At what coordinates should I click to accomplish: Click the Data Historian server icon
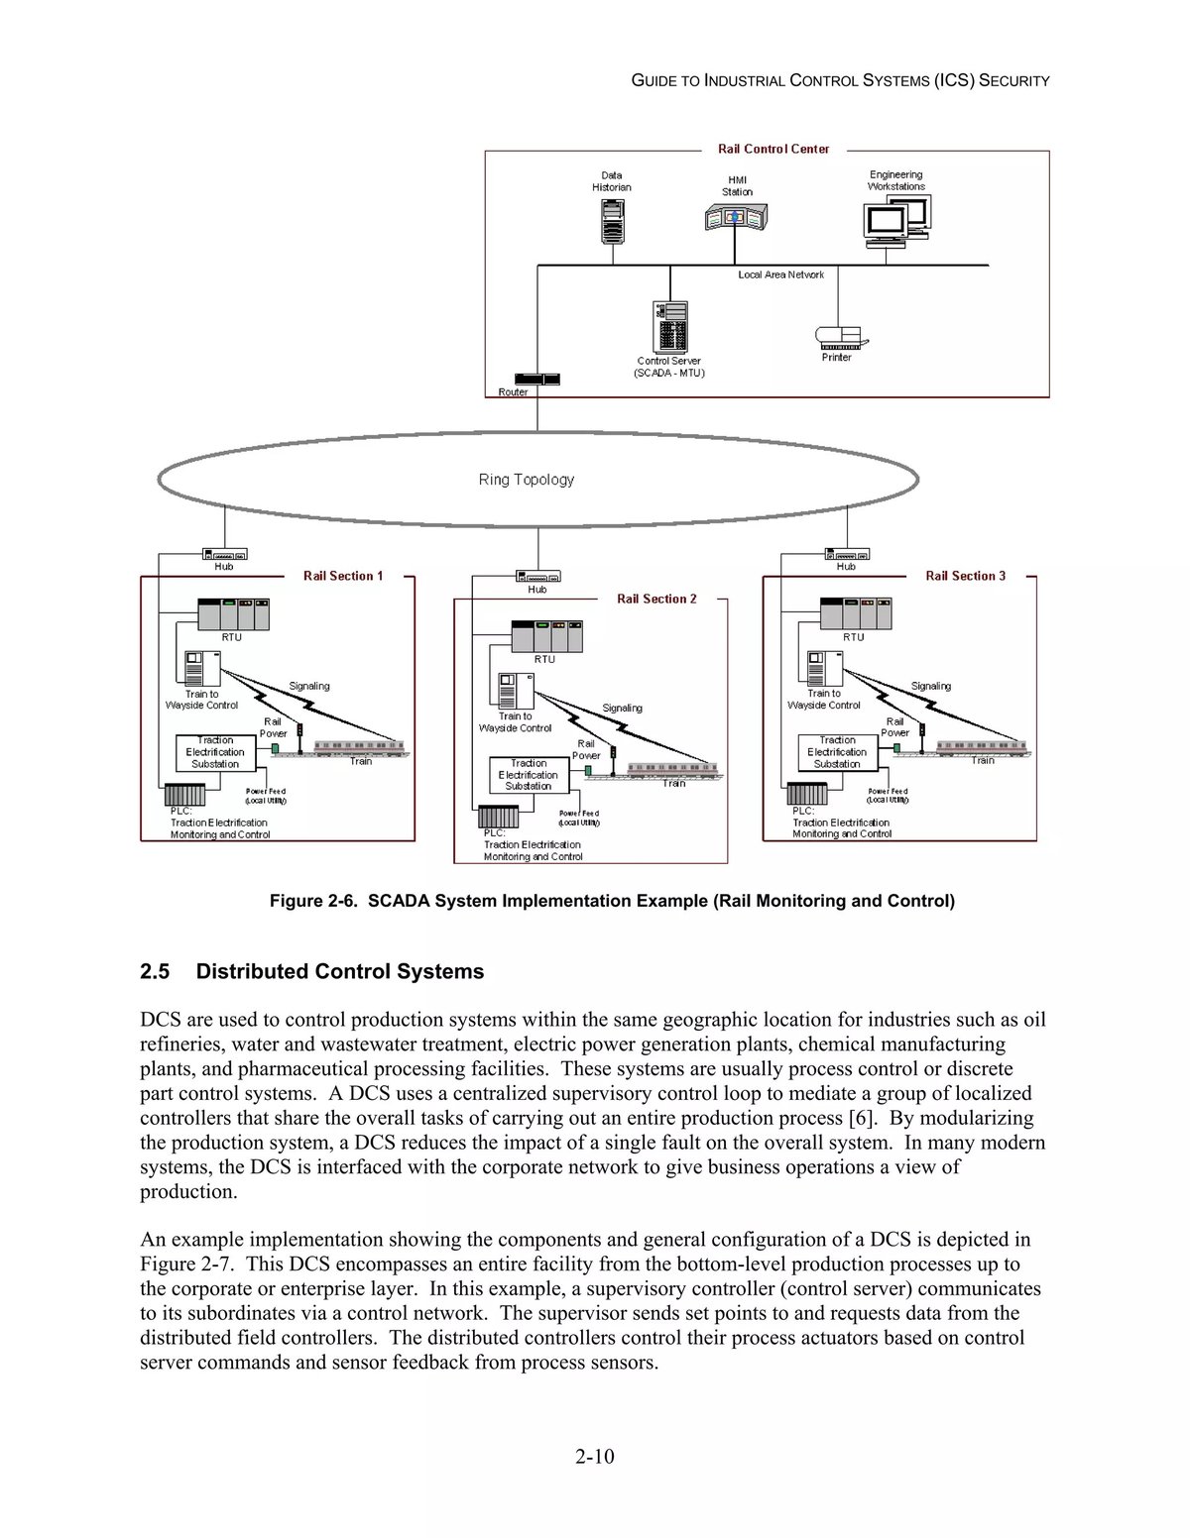click(613, 221)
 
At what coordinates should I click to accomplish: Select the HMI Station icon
click(736, 217)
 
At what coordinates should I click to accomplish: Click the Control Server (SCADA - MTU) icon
click(670, 327)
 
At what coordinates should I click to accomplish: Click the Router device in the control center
click(536, 380)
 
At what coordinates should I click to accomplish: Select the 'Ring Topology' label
click(527, 480)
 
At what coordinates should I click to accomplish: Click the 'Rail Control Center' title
click(773, 149)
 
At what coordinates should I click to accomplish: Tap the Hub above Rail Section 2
click(537, 576)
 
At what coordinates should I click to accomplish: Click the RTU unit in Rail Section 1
click(233, 614)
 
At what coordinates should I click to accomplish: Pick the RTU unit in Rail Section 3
click(855, 614)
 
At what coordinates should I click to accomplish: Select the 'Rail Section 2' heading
click(656, 599)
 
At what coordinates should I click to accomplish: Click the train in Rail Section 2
click(674, 769)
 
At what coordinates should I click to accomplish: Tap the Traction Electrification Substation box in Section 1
click(215, 752)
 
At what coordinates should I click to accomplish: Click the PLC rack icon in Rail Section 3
click(807, 794)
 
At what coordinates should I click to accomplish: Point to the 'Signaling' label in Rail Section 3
click(930, 686)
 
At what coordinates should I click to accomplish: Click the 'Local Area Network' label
click(780, 275)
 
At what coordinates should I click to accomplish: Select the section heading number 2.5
click(155, 971)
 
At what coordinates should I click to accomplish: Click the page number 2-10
click(594, 1456)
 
